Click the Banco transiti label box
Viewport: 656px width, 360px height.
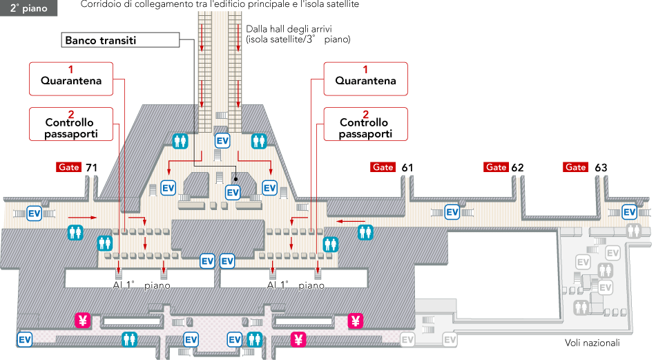pyautogui.click(x=120, y=41)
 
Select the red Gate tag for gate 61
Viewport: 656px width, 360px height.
pyautogui.click(x=383, y=167)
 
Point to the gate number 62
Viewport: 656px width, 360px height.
pyautogui.click(x=518, y=167)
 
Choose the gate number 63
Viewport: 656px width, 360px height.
pyautogui.click(x=601, y=167)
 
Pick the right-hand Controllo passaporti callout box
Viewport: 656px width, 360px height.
pyautogui.click(x=365, y=124)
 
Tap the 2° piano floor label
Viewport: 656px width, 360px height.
pyautogui.click(x=28, y=8)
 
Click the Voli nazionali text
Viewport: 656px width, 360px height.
pyautogui.click(x=592, y=343)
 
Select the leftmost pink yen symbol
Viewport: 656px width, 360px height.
pyautogui.click(x=83, y=320)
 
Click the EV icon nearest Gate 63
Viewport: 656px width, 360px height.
pyautogui.click(x=629, y=211)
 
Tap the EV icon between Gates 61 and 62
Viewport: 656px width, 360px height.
pyautogui.click(x=452, y=211)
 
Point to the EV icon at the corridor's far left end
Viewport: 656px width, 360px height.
pyautogui.click(x=35, y=213)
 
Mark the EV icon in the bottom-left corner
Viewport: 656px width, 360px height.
pyautogui.click(x=25, y=339)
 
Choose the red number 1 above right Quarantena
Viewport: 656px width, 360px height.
pyautogui.click(x=365, y=69)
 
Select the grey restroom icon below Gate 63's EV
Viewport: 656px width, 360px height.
pyautogui.click(x=634, y=230)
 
